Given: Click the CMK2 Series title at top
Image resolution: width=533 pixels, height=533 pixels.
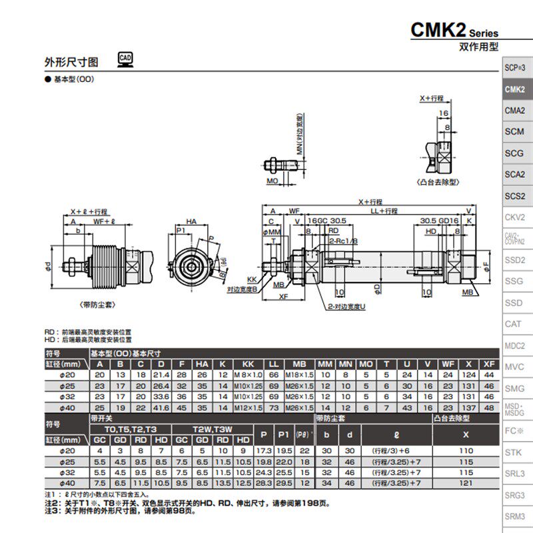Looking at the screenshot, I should point(454,31).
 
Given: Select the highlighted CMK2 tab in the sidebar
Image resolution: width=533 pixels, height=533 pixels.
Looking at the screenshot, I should point(514,89).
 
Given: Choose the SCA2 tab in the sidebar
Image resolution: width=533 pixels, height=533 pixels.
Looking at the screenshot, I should point(514,175).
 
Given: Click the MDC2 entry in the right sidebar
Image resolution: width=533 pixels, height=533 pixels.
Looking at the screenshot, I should point(514,346).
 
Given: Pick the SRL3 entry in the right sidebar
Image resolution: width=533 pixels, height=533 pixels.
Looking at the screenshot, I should point(514,474).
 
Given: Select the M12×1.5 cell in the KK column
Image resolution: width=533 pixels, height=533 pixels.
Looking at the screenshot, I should point(248,408).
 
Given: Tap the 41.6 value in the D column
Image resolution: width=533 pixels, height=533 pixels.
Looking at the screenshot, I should point(162,408).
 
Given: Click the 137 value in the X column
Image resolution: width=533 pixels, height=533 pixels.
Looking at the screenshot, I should point(470,408).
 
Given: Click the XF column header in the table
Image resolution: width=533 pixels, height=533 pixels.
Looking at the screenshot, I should point(489,364).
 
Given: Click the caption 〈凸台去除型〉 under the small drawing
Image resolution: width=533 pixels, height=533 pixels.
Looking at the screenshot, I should point(438,181).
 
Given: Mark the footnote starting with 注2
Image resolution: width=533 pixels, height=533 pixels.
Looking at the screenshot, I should point(187,504).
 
